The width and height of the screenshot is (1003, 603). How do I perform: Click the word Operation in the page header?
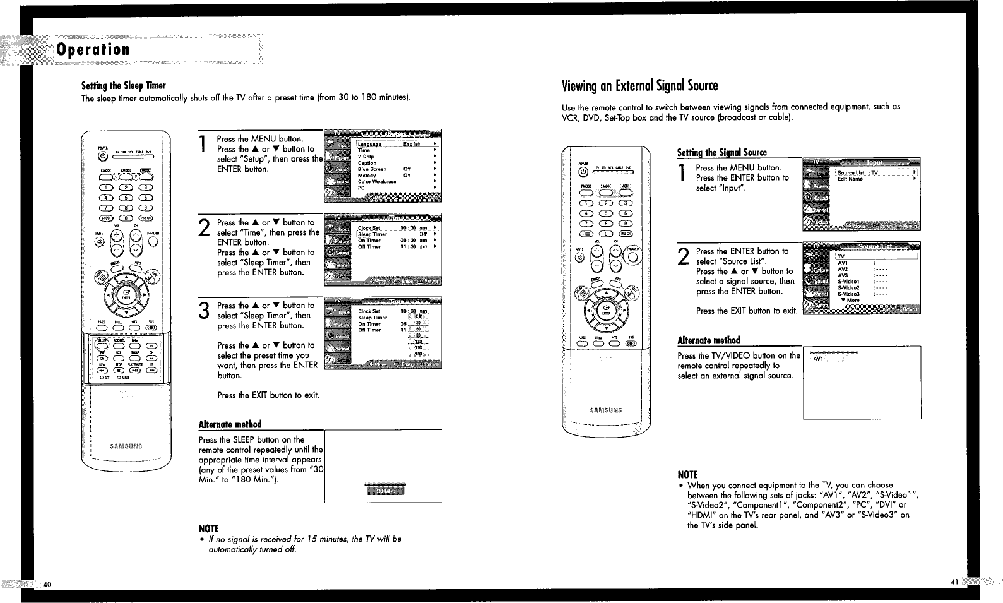click(x=93, y=49)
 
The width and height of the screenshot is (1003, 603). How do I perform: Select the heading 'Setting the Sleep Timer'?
click(x=124, y=85)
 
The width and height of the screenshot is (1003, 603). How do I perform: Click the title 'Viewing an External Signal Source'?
click(x=639, y=85)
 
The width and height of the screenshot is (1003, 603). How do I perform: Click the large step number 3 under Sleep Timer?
click(x=204, y=311)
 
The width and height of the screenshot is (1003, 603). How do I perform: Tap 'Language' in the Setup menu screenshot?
click(x=370, y=144)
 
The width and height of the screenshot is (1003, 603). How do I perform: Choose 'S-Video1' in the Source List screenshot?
click(x=848, y=281)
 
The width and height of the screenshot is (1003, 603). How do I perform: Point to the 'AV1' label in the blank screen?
click(x=819, y=359)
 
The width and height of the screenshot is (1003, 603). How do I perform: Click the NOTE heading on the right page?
click(x=687, y=474)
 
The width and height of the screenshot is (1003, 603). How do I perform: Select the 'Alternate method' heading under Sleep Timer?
click(x=230, y=424)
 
